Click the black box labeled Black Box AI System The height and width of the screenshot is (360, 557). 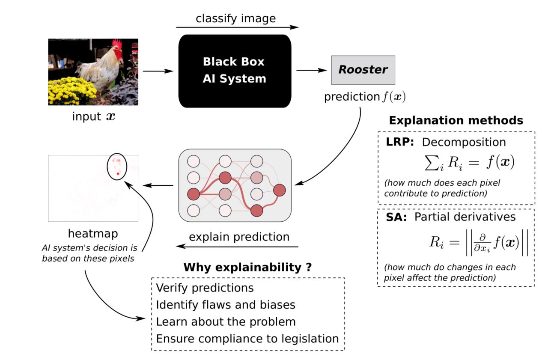(234, 71)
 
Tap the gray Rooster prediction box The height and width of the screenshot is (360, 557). (363, 70)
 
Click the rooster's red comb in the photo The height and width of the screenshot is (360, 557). (116, 44)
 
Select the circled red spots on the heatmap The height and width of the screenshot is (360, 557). (116, 166)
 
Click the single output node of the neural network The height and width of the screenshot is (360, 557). (279, 190)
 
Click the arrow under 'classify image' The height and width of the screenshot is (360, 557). (237, 27)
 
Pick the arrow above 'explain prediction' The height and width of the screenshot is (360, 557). (237, 247)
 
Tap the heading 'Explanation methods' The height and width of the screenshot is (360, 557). (456, 120)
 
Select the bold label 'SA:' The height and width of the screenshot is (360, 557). (396, 217)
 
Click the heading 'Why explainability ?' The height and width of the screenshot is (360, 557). (247, 268)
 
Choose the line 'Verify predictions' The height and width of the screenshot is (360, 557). (205, 287)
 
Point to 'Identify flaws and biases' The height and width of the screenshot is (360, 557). (226, 304)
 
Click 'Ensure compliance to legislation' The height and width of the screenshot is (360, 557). (247, 339)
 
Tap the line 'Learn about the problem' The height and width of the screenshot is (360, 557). (226, 321)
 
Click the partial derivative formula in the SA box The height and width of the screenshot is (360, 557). (478, 242)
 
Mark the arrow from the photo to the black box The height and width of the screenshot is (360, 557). (158, 71)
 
